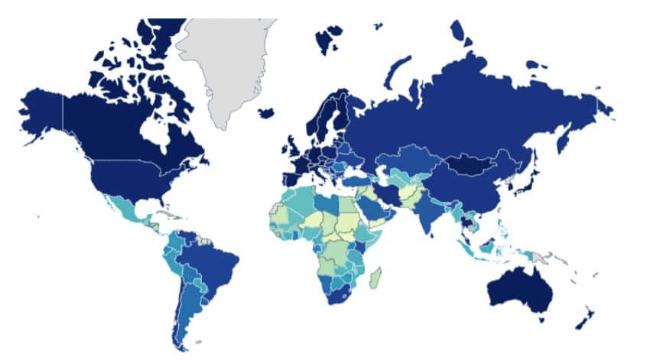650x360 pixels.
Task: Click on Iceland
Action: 266,112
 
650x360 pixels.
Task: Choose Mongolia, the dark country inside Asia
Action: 468,163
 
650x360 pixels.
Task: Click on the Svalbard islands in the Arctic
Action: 329,38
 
